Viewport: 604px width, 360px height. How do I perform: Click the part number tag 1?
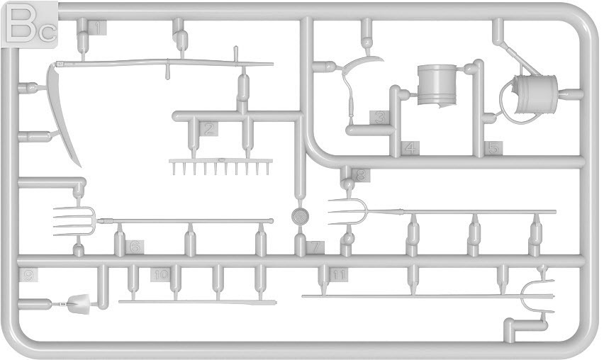98,28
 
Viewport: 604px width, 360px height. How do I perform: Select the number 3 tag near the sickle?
381,118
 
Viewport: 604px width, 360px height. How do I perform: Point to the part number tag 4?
411,148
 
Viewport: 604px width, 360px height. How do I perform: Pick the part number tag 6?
135,247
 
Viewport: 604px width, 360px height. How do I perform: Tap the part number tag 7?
316,247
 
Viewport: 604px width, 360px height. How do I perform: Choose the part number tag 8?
361,174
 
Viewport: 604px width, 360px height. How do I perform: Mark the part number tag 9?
28,274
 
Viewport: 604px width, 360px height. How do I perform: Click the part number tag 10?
160,274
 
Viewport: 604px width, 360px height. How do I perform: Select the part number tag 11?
340,274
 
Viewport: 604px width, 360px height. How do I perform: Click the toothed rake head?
220,166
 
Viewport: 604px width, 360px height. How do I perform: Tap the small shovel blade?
79,304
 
